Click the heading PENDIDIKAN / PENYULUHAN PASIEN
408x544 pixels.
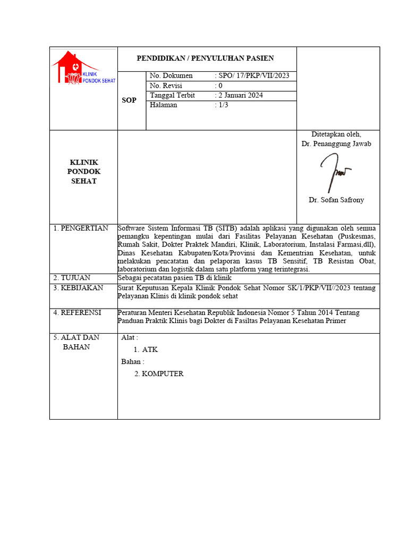coord(206,58)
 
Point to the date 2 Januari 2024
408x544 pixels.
coord(241,95)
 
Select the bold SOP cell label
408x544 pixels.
coord(129,100)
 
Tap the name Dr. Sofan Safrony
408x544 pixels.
coord(336,200)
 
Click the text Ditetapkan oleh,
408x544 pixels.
coord(336,134)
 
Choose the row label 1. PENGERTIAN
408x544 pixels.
coord(81,228)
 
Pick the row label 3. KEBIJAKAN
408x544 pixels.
coord(78,288)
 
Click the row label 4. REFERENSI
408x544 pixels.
coord(77,312)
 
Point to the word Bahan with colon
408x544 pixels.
coord(133,362)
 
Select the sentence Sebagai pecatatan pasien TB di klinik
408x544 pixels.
coord(175,278)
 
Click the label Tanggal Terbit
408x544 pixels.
coord(173,95)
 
